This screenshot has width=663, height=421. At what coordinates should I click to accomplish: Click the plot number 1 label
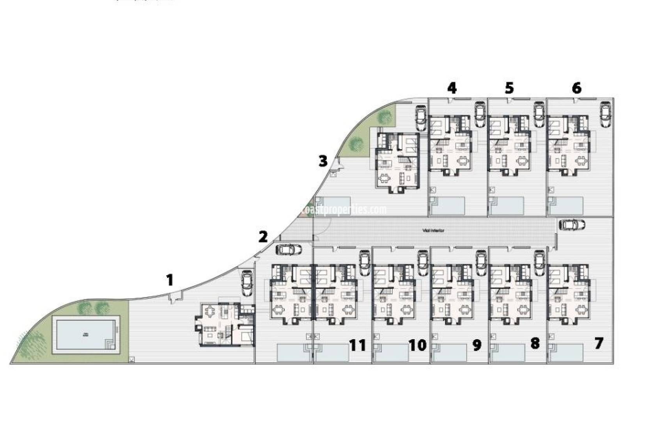pos(169,280)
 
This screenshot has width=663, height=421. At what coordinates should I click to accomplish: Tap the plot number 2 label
pos(263,237)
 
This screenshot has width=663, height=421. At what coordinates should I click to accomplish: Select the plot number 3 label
pos(323,161)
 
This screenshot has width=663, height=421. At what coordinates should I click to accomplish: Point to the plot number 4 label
pos(452,88)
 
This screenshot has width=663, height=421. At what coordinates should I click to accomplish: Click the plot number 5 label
pos(509,88)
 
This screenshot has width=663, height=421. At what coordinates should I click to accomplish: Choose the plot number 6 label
pos(576,88)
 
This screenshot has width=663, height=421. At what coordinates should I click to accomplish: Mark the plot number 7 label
pos(599,343)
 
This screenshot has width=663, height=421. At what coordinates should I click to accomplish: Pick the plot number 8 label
pos(535,343)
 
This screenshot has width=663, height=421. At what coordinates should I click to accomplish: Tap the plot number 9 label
pos(477,345)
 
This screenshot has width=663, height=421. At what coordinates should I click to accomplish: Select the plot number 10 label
pos(418,345)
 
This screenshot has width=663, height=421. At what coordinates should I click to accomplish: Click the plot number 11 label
pos(358,345)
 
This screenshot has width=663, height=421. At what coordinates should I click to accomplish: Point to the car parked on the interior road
pos(572,225)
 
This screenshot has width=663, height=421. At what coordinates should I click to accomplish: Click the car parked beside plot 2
pos(289,249)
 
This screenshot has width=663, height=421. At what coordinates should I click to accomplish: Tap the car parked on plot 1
pos(247,283)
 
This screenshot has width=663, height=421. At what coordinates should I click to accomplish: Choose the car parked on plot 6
pos(605,114)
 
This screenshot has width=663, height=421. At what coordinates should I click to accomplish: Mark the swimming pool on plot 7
pos(566,352)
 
